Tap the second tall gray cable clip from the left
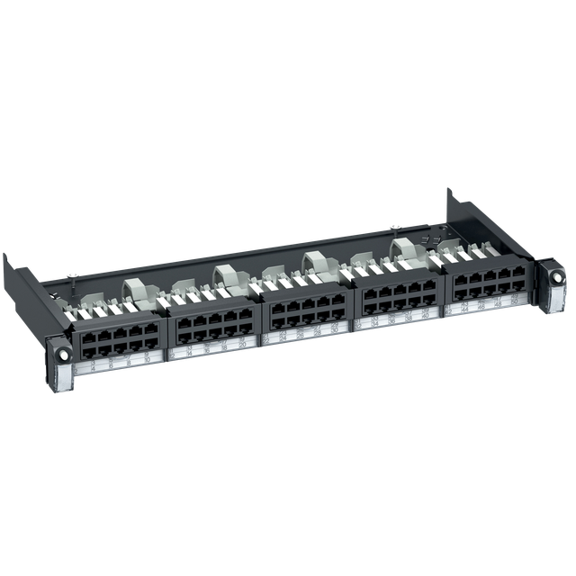tap(224, 274)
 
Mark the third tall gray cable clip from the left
tap(313, 262)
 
